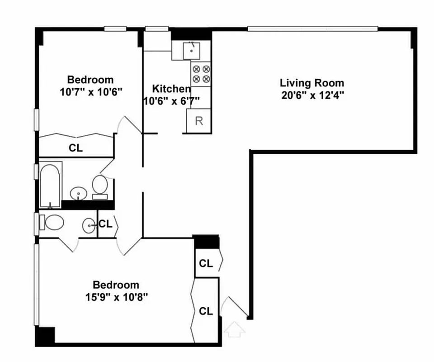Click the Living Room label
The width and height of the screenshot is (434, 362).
(311, 83)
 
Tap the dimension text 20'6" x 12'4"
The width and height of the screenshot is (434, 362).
(311, 95)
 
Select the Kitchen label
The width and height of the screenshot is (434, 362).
(170, 89)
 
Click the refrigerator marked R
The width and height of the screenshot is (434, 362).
(198, 121)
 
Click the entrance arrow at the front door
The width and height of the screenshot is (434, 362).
(235, 329)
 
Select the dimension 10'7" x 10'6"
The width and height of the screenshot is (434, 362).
(91, 91)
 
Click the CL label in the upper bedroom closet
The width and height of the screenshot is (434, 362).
(76, 148)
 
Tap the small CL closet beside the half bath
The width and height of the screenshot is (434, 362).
(105, 224)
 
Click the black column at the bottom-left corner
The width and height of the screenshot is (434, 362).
(45, 336)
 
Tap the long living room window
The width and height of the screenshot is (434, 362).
(312, 29)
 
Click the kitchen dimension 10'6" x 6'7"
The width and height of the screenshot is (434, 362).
(170, 100)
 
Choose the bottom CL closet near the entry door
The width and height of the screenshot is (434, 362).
(206, 311)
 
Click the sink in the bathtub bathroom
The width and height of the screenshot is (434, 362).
(79, 194)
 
